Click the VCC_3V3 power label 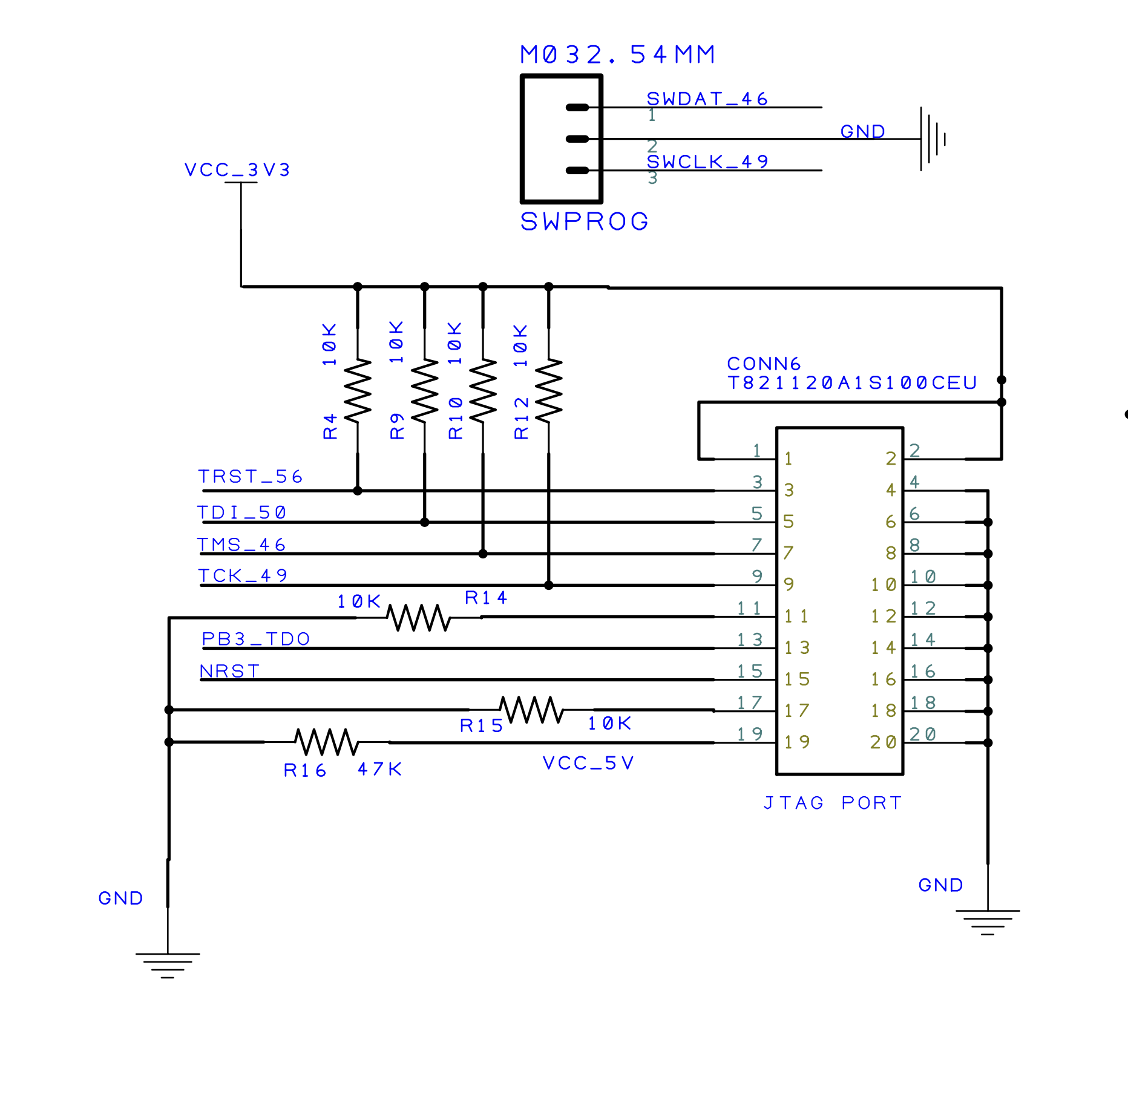pyautogui.click(x=237, y=170)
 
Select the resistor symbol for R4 pyautogui.click(x=358, y=391)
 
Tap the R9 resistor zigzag pyautogui.click(x=425, y=391)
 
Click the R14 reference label pyautogui.click(x=486, y=598)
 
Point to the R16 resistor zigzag pyautogui.click(x=327, y=742)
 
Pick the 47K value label pyautogui.click(x=379, y=769)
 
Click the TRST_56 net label pyautogui.click(x=251, y=477)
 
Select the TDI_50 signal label pyautogui.click(x=242, y=513)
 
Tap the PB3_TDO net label pyautogui.click(x=256, y=639)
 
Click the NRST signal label pyautogui.click(x=230, y=671)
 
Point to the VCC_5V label pyautogui.click(x=588, y=763)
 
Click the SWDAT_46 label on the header pyautogui.click(x=707, y=99)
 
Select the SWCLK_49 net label pyautogui.click(x=707, y=162)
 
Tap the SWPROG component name pyautogui.click(x=585, y=221)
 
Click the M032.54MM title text pyautogui.click(x=618, y=54)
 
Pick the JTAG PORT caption pyautogui.click(x=833, y=803)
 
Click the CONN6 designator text pyautogui.click(x=764, y=364)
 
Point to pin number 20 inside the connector pyautogui.click(x=883, y=742)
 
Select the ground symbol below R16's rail pyautogui.click(x=168, y=962)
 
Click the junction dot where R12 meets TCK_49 pyautogui.click(x=549, y=585)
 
